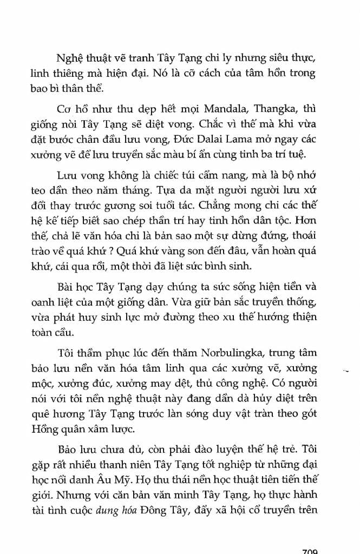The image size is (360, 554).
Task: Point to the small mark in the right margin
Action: (x=346, y=371)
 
